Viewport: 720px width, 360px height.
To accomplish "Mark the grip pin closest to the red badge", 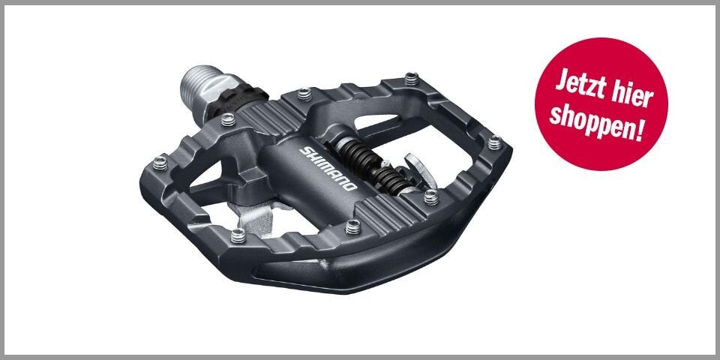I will click(x=493, y=141).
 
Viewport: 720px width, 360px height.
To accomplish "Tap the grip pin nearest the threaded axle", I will click(x=303, y=93).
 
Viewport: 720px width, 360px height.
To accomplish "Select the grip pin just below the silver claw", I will click(x=430, y=196).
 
